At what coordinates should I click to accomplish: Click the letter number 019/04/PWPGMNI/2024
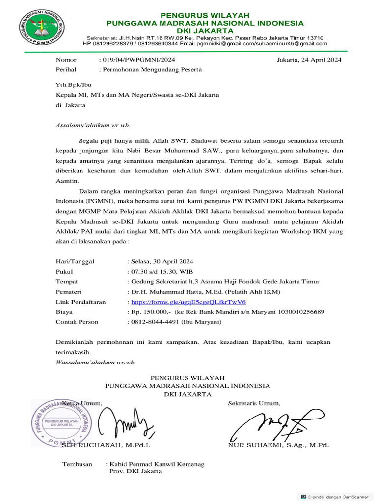[x=138, y=60]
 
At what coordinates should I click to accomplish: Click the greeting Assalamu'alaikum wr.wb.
[x=93, y=125]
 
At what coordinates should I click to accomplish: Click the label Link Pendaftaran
[x=81, y=302]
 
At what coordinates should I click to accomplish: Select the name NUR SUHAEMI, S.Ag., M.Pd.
[x=278, y=445]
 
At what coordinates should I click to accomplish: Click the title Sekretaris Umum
[x=254, y=403]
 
